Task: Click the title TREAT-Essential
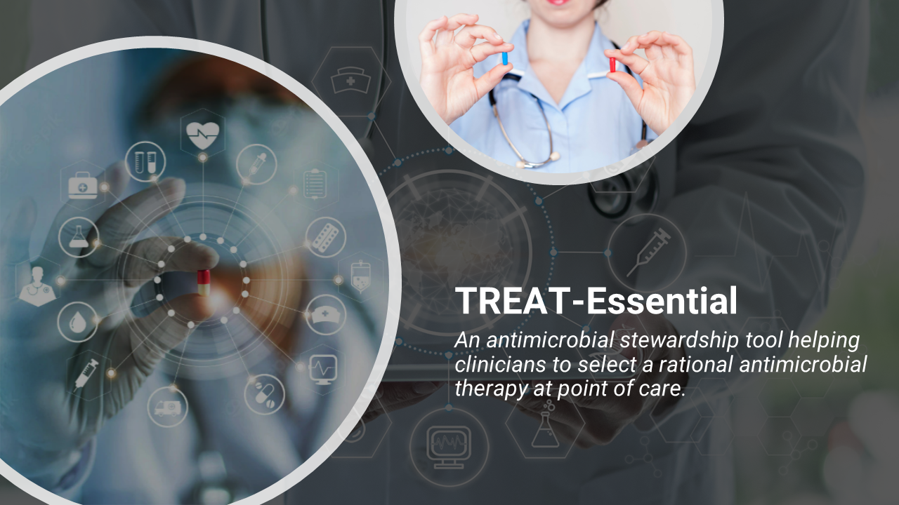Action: pos(596,300)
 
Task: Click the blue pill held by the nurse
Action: pos(504,58)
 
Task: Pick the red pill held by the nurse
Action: pos(612,65)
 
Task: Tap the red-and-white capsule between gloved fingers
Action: pos(203,283)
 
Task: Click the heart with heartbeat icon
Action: pos(202,132)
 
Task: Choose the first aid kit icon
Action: pos(83,186)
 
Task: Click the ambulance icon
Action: pos(168,407)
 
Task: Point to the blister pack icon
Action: pos(325,237)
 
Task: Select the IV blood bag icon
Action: pos(360,275)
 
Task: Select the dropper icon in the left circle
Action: pos(256,163)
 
